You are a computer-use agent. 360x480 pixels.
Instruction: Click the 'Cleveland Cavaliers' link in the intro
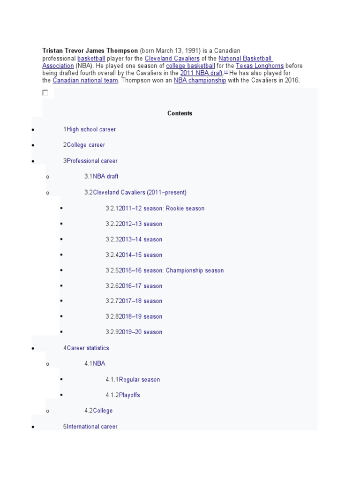pyautogui.click(x=172, y=58)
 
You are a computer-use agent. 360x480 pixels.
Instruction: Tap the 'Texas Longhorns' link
pyautogui.click(x=260, y=66)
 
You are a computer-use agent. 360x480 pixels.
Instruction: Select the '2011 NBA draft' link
pyautogui.click(x=201, y=73)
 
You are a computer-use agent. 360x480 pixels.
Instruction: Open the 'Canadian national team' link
pyautogui.click(x=85, y=81)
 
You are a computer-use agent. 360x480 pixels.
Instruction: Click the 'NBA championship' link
pyautogui.click(x=200, y=81)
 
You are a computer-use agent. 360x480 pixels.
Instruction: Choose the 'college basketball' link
pyautogui.click(x=190, y=66)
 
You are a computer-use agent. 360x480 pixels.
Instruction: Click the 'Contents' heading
pyautogui.click(x=180, y=113)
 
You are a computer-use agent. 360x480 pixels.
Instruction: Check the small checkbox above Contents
pyautogui.click(x=45, y=93)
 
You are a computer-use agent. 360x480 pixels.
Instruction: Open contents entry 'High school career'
pyautogui.click(x=91, y=129)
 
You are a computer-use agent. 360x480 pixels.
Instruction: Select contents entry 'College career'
pyautogui.click(x=86, y=145)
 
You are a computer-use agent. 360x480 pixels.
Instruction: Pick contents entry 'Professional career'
pyautogui.click(x=92, y=161)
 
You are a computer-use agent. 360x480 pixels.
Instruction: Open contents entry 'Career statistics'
pyautogui.click(x=88, y=348)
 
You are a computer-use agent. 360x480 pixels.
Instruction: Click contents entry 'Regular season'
pyautogui.click(x=139, y=379)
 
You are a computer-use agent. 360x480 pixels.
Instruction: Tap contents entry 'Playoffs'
pyautogui.click(x=129, y=395)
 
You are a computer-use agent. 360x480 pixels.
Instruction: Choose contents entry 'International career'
pyautogui.click(x=92, y=427)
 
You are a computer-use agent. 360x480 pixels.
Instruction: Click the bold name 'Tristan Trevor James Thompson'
pyautogui.click(x=90, y=51)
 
